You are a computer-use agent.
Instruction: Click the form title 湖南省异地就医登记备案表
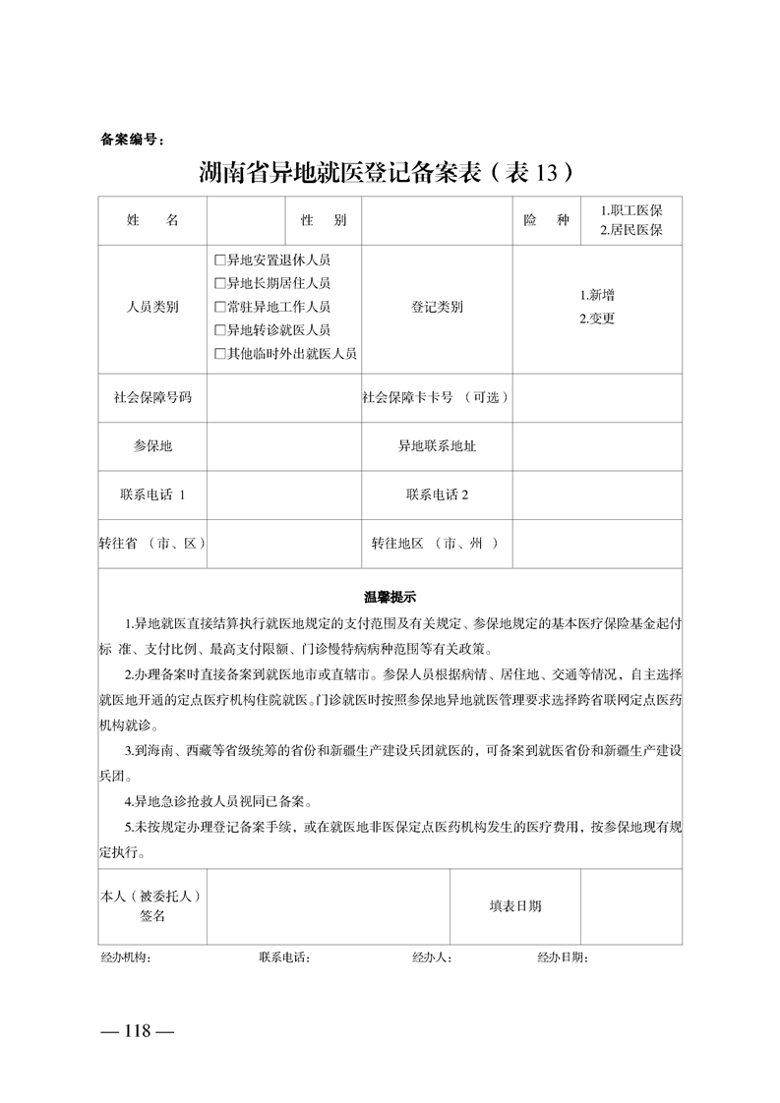(x=385, y=173)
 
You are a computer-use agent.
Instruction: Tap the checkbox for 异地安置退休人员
(x=219, y=261)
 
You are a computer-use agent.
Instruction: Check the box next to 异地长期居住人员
(x=219, y=284)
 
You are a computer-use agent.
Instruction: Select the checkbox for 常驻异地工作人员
(x=219, y=307)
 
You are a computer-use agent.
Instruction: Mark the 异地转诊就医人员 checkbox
(x=219, y=330)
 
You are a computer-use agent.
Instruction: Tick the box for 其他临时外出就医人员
(x=219, y=353)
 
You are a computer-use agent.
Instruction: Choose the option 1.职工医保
(x=630, y=211)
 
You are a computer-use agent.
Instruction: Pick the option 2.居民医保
(x=630, y=231)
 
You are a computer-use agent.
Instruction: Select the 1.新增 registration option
(x=598, y=295)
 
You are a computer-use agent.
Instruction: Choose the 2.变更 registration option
(x=596, y=319)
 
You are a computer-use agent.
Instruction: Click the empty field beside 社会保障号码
(x=284, y=398)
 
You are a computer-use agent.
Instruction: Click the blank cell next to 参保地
(x=284, y=446)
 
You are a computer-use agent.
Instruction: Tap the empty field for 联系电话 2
(x=597, y=494)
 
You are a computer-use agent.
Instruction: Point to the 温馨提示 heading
(x=390, y=596)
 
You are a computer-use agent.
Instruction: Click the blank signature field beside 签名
(x=328, y=906)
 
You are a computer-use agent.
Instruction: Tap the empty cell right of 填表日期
(x=630, y=906)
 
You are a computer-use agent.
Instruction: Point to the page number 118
(x=138, y=1031)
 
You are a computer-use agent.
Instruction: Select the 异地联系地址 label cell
(x=437, y=446)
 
